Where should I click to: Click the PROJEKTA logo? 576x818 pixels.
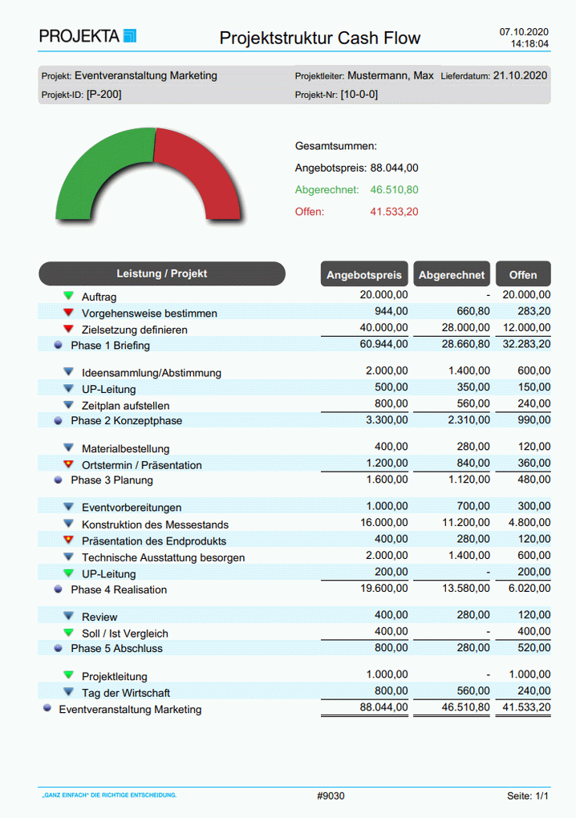point(87,36)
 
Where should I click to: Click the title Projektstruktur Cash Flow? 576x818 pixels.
point(319,38)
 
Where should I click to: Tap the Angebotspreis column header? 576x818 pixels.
point(364,275)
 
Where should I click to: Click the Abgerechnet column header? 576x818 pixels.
point(452,275)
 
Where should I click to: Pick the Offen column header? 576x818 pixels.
point(523,275)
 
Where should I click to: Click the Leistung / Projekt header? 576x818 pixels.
point(161,273)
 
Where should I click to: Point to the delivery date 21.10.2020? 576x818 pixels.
point(520,75)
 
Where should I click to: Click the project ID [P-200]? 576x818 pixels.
point(103,95)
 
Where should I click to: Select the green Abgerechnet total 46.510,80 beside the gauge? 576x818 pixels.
point(394,190)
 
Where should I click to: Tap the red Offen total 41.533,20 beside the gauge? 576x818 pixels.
point(394,212)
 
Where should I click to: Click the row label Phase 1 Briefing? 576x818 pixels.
point(110,346)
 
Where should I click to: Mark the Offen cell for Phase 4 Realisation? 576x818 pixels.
point(528,588)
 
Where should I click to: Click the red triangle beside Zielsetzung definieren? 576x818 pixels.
point(68,329)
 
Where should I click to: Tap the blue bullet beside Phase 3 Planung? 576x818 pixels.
point(58,480)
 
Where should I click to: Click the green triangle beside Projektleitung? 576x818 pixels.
point(68,675)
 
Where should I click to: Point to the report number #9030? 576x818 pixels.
point(331,796)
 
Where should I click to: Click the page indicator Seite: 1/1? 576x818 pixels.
point(528,796)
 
